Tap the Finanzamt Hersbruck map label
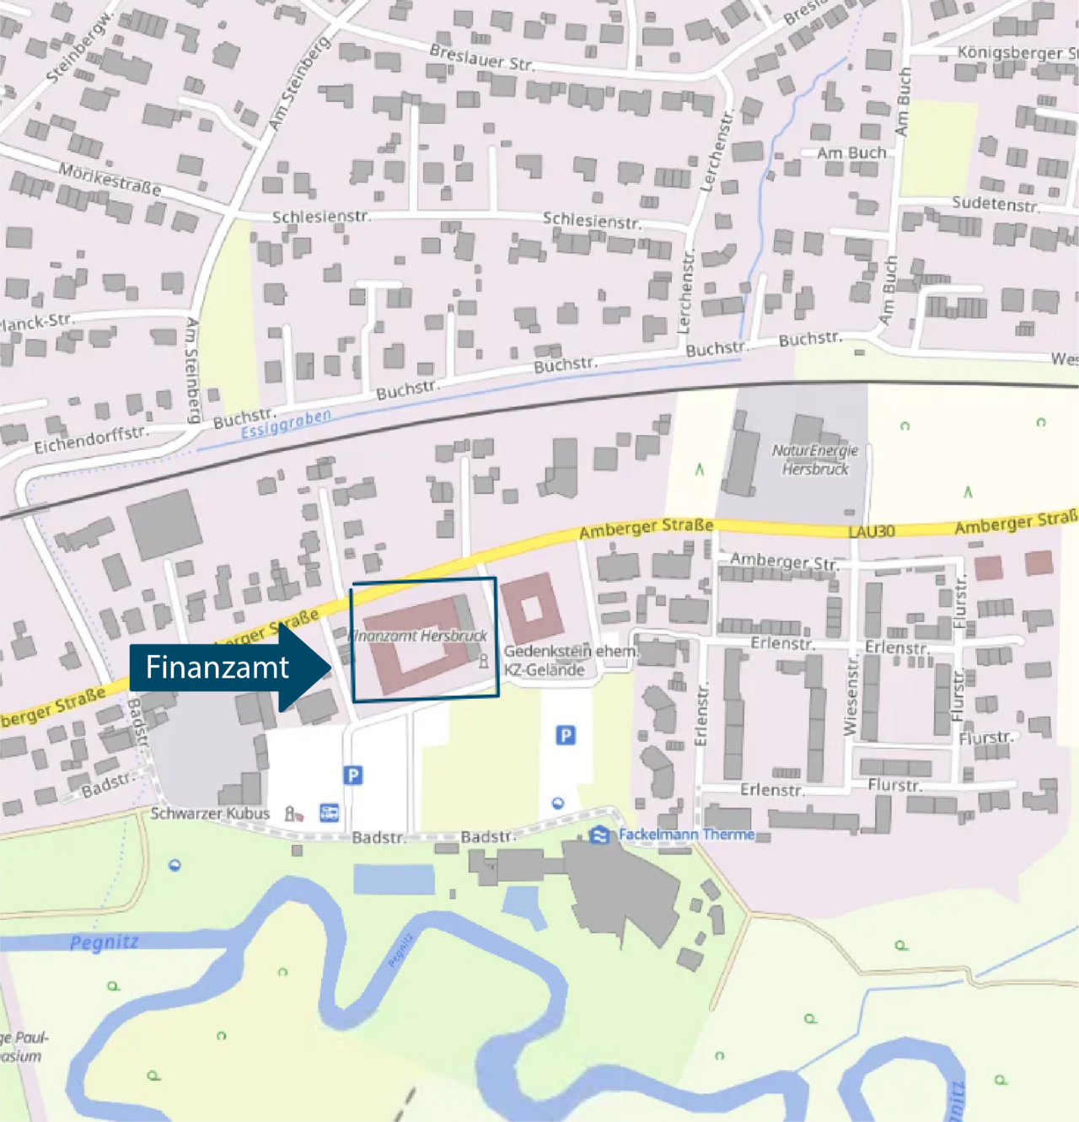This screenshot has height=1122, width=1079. (x=419, y=636)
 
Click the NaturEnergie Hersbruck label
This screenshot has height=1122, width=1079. (x=814, y=459)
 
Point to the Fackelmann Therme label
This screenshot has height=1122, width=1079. (x=686, y=835)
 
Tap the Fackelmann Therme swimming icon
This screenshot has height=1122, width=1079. (x=599, y=835)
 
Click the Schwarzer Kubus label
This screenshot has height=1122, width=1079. (x=210, y=813)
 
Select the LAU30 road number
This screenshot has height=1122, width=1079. (x=872, y=531)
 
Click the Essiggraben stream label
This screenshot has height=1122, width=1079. (x=286, y=424)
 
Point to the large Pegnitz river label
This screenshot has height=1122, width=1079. (x=104, y=942)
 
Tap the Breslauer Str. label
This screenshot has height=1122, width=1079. (x=481, y=57)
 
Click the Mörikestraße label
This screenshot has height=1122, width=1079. (x=110, y=179)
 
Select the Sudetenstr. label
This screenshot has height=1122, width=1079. (x=995, y=204)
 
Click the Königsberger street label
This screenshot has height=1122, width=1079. (x=1016, y=52)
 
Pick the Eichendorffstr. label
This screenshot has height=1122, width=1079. (x=91, y=439)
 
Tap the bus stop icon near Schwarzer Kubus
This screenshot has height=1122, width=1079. (x=329, y=813)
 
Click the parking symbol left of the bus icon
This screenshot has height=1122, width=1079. (x=353, y=775)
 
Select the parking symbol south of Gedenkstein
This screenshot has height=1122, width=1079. (x=566, y=736)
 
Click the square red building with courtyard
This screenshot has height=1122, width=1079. (x=532, y=607)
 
